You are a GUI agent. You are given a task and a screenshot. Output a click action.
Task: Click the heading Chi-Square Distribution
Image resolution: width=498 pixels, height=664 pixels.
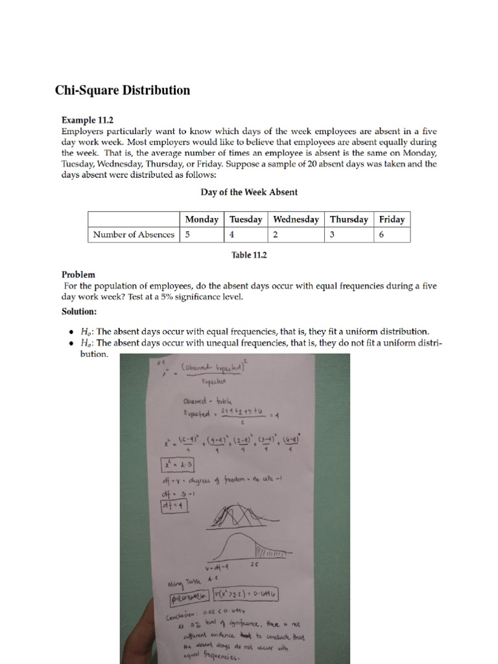pos(123,90)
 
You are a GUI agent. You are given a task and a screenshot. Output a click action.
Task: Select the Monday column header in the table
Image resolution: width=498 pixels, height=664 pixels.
pos(202,219)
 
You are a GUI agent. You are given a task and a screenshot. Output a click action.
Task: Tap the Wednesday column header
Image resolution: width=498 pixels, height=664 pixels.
pos(296,219)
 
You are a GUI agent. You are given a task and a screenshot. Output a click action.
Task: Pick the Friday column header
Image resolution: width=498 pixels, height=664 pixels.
pos(392,219)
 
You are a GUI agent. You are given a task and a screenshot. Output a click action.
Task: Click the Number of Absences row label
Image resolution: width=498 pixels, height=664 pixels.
pos(134,235)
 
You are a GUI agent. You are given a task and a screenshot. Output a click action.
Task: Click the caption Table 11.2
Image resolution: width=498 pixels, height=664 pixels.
pos(249,255)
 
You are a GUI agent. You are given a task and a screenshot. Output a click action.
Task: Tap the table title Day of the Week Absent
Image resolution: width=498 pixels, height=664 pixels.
pos(249,193)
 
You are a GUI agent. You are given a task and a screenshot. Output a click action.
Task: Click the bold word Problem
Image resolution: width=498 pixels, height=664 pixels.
pos(78,274)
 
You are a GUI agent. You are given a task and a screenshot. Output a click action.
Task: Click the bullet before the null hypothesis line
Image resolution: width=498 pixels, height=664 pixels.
pos(71,331)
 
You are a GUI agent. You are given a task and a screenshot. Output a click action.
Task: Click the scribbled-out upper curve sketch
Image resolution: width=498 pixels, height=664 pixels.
pos(238,516)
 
